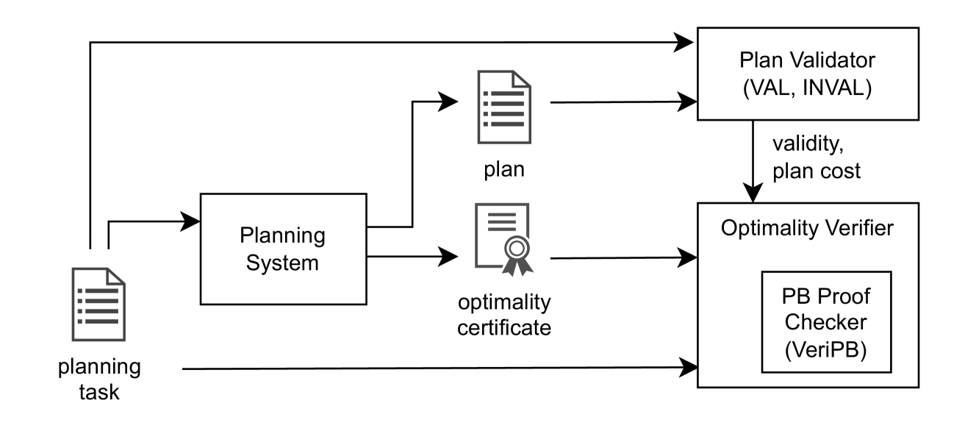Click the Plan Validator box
[x=807, y=74]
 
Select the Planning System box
[x=283, y=249]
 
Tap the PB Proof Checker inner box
[x=825, y=322]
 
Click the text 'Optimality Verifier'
[x=807, y=227]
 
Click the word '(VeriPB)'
[x=825, y=349]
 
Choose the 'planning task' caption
[x=99, y=379]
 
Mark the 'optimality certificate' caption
[x=504, y=314]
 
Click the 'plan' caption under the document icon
[x=504, y=169]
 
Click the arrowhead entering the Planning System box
[x=193, y=220]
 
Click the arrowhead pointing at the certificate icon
[x=449, y=257]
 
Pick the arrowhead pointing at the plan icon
[x=449, y=102]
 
